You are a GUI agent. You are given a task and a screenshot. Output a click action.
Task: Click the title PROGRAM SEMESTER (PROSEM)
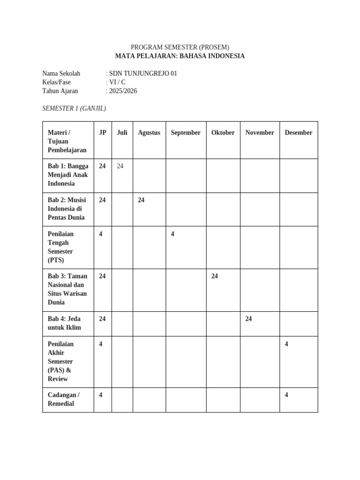pyautogui.click(x=180, y=47)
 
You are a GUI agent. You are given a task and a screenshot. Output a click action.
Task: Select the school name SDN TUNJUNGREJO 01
pyautogui.click(x=142, y=74)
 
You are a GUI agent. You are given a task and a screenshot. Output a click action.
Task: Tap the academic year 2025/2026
pyautogui.click(x=123, y=91)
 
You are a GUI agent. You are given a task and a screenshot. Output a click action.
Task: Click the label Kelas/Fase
pyautogui.click(x=56, y=82)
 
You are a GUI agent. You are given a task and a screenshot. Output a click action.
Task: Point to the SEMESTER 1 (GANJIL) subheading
pyautogui.click(x=74, y=108)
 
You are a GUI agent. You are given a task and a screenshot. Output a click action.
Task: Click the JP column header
pyautogui.click(x=103, y=133)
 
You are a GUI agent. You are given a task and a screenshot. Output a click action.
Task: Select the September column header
pyautogui.click(x=186, y=133)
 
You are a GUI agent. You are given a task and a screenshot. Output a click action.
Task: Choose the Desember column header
pyautogui.click(x=298, y=133)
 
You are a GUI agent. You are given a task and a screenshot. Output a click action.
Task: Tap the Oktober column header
pyautogui.click(x=223, y=133)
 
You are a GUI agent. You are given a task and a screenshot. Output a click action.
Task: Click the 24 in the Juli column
pyautogui.click(x=120, y=166)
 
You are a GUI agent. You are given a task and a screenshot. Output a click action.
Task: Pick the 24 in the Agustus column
pyautogui.click(x=141, y=200)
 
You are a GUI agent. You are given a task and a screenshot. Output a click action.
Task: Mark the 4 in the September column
pyautogui.click(x=172, y=234)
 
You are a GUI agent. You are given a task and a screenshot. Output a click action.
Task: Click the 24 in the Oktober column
pyautogui.click(x=215, y=276)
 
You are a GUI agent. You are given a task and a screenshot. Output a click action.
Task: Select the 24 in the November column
pyautogui.click(x=248, y=319)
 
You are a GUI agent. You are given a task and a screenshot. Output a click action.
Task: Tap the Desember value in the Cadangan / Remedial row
pyautogui.click(x=286, y=395)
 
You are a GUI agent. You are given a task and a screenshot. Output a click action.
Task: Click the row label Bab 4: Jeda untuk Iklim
pyautogui.click(x=64, y=323)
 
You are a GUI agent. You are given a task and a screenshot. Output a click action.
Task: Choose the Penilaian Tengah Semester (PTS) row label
pyautogui.click(x=61, y=247)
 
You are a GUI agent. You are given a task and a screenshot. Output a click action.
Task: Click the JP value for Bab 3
pyautogui.click(x=102, y=276)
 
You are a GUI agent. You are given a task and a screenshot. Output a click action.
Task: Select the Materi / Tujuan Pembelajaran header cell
pyautogui.click(x=67, y=141)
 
